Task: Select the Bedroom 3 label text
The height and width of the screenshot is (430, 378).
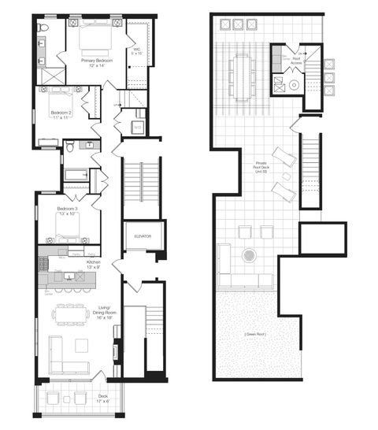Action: point(66,211)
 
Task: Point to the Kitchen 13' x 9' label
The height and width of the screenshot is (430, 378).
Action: point(94,263)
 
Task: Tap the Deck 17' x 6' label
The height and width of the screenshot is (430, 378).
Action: point(102,398)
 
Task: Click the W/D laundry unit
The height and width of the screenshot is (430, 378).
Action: point(137,126)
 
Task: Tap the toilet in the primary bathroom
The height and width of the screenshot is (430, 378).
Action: point(43,29)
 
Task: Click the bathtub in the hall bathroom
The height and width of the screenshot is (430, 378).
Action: point(76,174)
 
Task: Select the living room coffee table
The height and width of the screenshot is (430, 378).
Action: point(81,344)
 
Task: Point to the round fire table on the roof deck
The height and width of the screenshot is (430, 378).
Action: point(250,255)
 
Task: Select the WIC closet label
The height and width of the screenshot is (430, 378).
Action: point(137,52)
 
